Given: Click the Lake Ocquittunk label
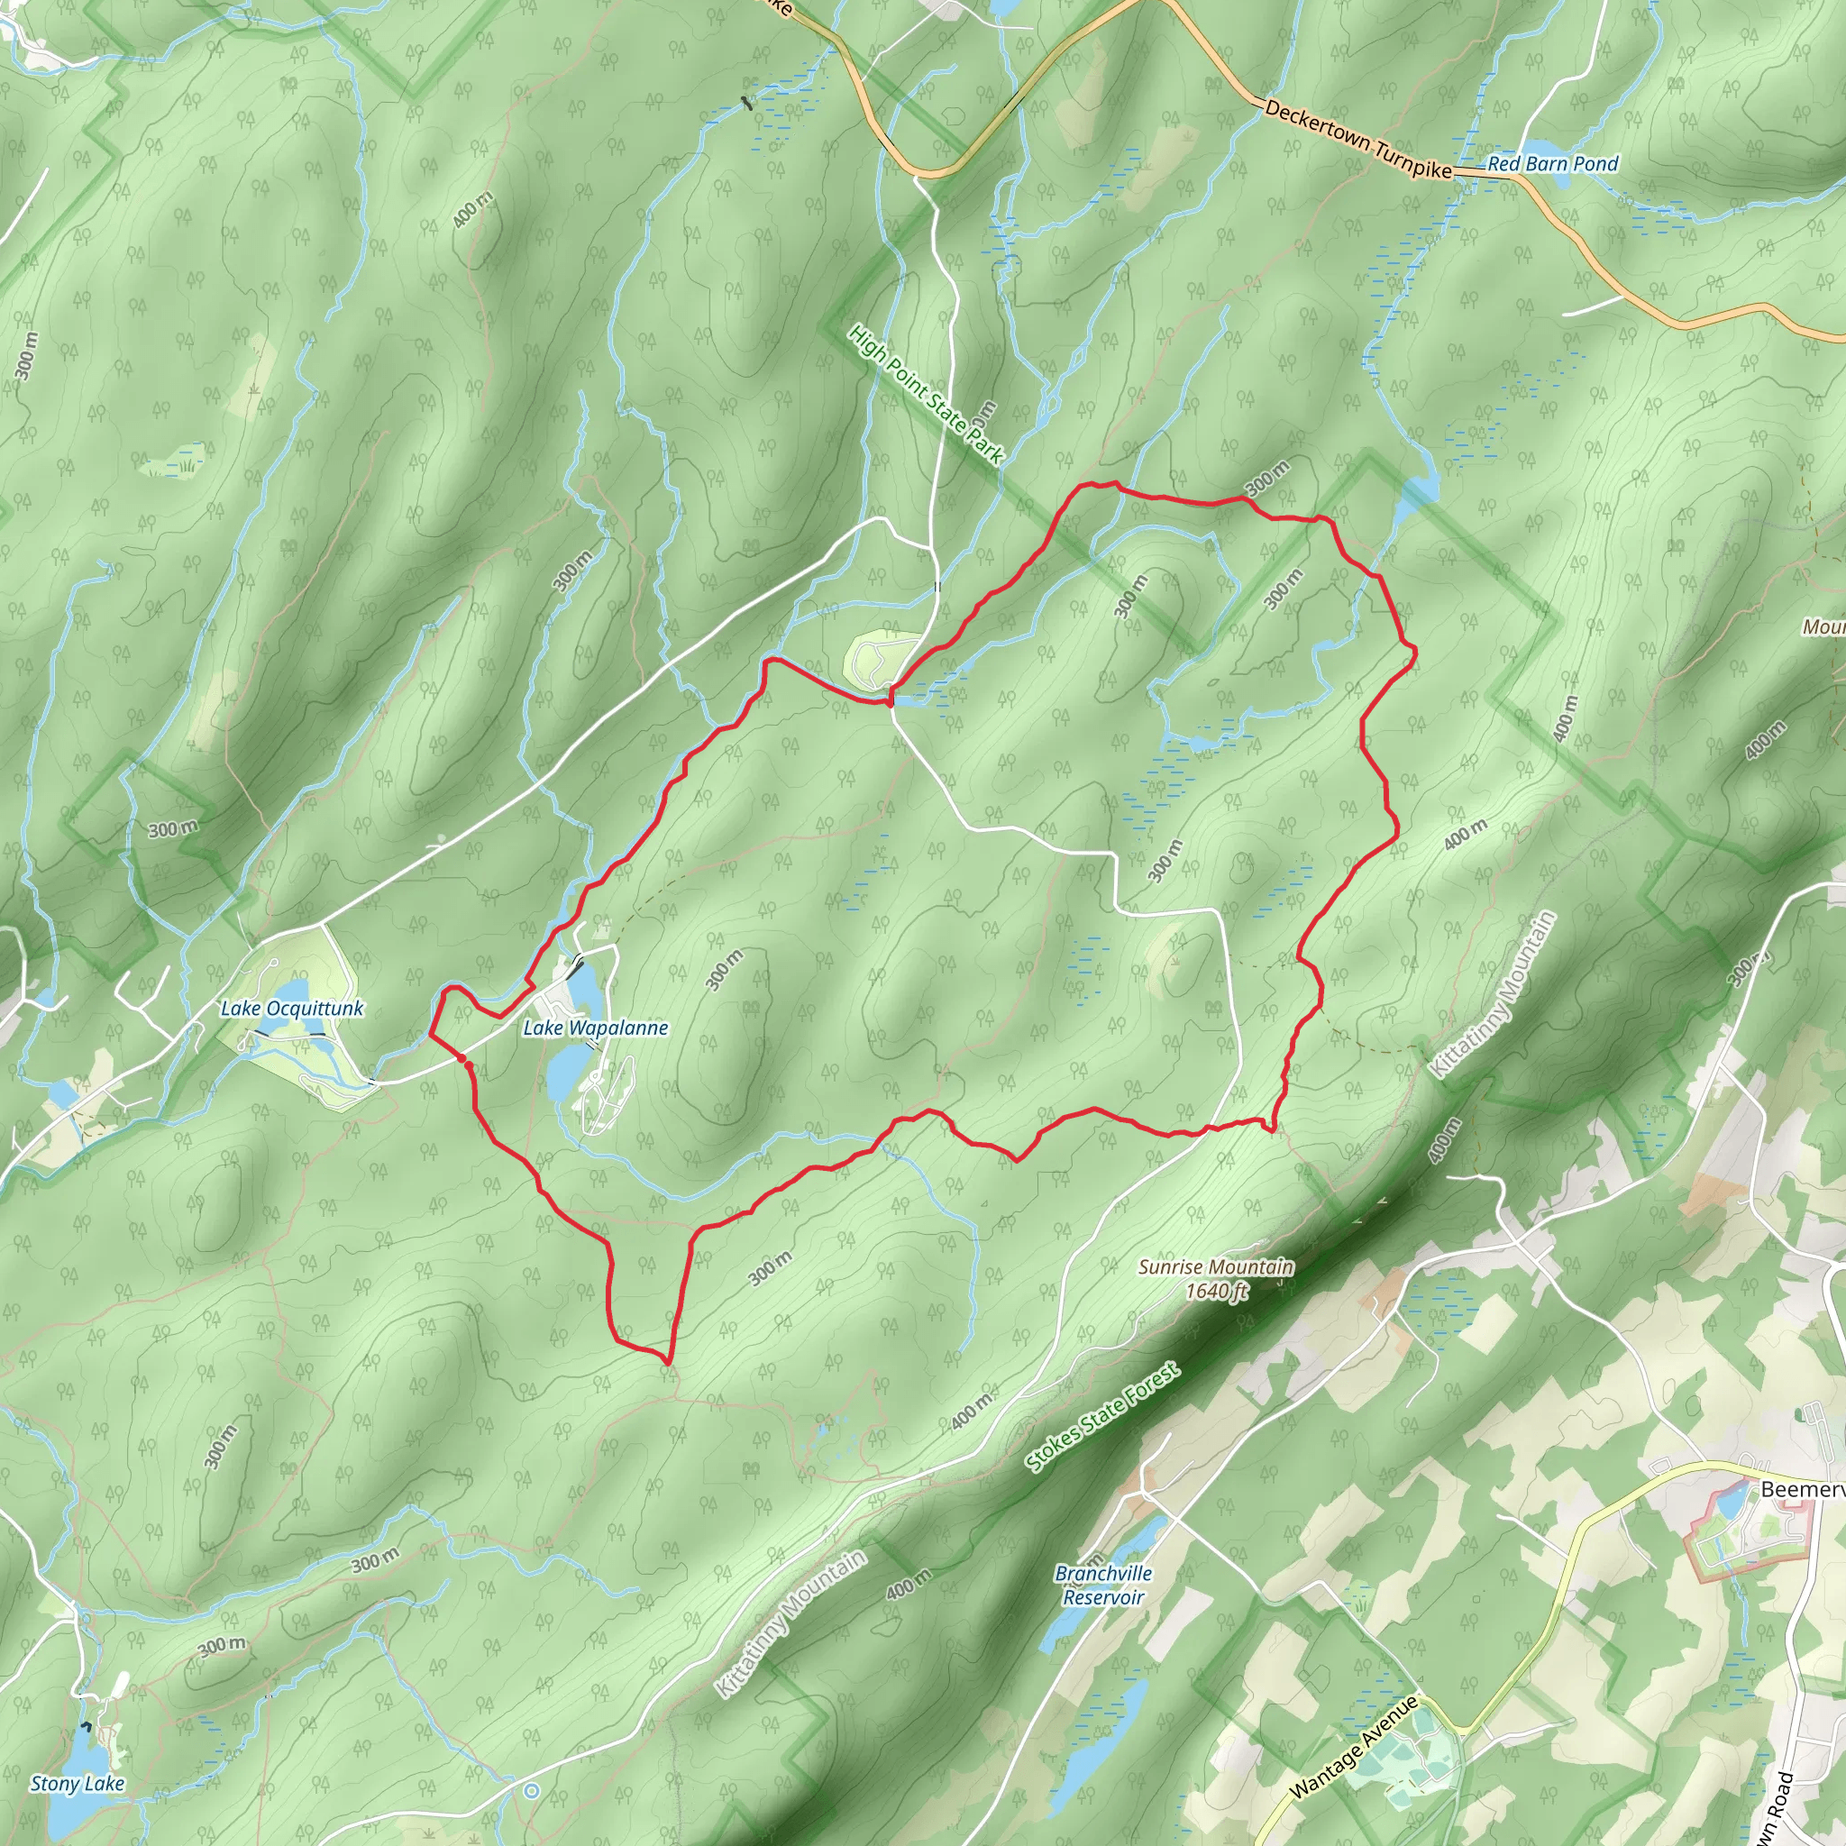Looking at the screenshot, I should tap(291, 1008).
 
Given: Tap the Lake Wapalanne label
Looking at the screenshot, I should tap(595, 1028).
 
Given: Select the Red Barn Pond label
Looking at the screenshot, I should tap(1553, 163).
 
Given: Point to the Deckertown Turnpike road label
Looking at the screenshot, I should tap(1357, 140).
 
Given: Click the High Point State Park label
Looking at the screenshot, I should tap(926, 395).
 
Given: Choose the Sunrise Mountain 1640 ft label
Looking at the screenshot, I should tap(1215, 1278).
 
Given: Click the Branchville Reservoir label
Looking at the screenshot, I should tap(1103, 1586).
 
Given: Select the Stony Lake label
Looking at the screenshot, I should tap(78, 1783).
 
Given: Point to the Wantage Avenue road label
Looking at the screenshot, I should tap(1355, 1749).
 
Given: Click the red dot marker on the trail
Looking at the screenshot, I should tap(462, 1059).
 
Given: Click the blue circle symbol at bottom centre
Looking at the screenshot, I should tap(531, 1791).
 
